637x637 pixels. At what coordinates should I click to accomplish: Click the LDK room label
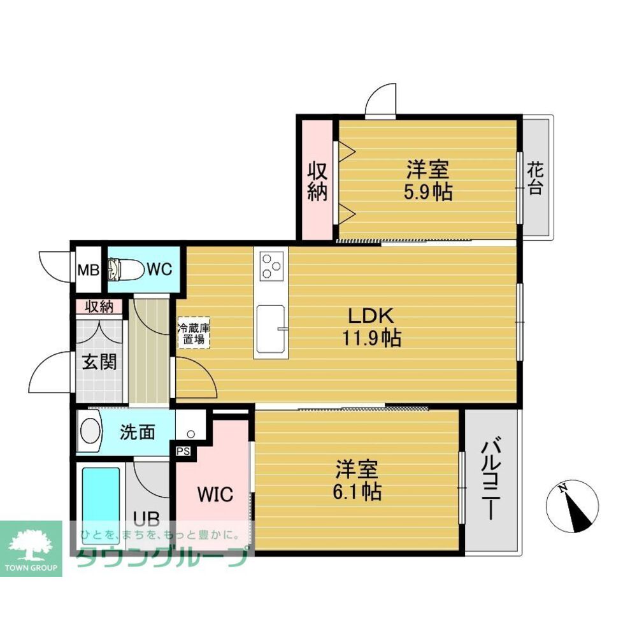pyautogui.click(x=371, y=316)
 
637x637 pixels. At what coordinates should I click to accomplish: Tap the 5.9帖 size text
pyautogui.click(x=428, y=192)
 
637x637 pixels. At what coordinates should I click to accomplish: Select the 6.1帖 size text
pyautogui.click(x=357, y=492)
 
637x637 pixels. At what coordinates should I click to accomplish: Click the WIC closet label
pyautogui.click(x=215, y=494)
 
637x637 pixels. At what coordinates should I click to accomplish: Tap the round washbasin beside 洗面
pyautogui.click(x=90, y=431)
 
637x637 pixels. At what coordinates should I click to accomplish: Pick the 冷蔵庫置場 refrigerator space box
pyautogui.click(x=194, y=333)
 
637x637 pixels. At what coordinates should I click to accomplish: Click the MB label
pyautogui.click(x=89, y=269)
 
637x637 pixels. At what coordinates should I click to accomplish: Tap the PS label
pyautogui.click(x=183, y=452)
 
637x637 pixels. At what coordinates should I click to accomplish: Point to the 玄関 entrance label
pyautogui.click(x=99, y=362)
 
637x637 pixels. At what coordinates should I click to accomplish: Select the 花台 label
pyautogui.click(x=536, y=179)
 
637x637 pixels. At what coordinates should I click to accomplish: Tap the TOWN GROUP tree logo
pyautogui.click(x=31, y=548)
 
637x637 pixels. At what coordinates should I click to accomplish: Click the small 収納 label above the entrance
pyautogui.click(x=99, y=307)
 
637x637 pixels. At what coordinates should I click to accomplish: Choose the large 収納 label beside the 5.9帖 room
pyautogui.click(x=317, y=182)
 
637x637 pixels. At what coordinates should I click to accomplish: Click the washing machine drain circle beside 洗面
pyautogui.click(x=191, y=434)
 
